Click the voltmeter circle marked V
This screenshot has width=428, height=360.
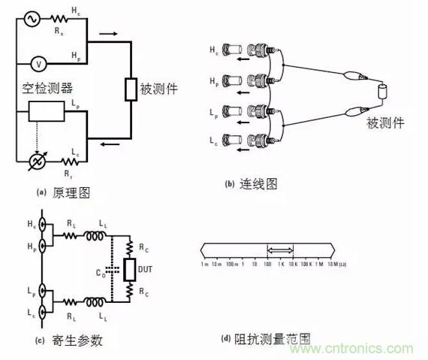(32, 62)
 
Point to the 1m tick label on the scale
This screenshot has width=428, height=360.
(204, 265)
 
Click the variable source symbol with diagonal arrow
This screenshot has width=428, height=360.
(32, 160)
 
